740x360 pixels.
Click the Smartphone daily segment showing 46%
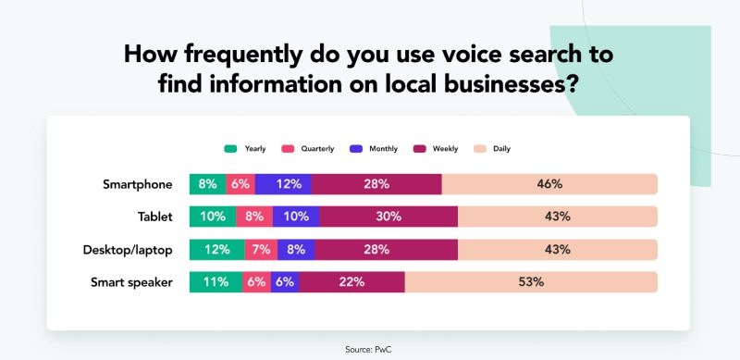click(x=549, y=184)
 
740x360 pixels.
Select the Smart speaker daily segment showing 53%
click(x=530, y=282)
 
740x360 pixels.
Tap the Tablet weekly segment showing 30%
click(x=388, y=217)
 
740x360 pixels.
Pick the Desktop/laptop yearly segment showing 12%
click(x=216, y=250)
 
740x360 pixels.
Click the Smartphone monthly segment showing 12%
click(x=283, y=184)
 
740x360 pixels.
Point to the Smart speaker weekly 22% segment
click(x=351, y=282)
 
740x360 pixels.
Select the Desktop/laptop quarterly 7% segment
click(x=260, y=250)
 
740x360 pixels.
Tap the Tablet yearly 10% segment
click(x=213, y=217)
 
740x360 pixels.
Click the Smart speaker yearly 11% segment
click(x=216, y=282)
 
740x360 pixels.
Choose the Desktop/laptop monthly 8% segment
click(x=295, y=250)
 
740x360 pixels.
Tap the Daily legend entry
click(x=491, y=148)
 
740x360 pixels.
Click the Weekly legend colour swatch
click(x=418, y=148)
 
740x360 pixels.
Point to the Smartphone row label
click(x=137, y=184)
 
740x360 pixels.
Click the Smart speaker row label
click(x=131, y=282)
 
